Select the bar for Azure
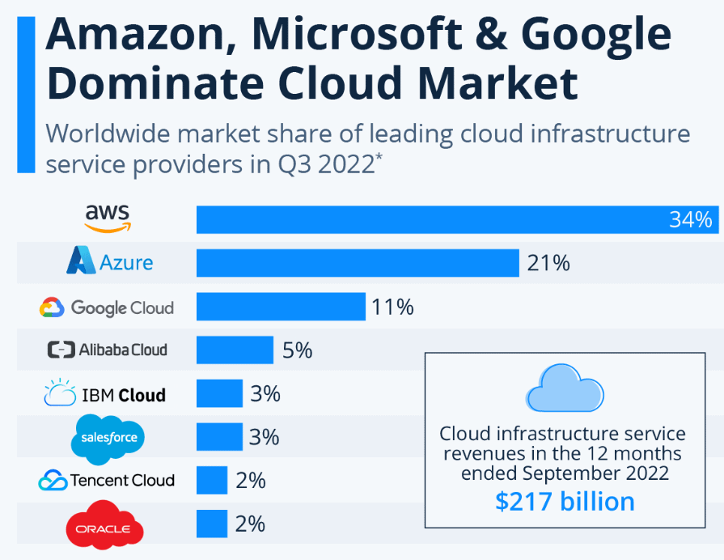[357, 263]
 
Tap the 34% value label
[690, 219]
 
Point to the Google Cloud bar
[280, 307]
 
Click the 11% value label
[392, 307]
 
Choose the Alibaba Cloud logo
[108, 350]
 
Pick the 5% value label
[297, 350]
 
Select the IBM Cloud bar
[219, 394]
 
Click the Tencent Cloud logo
[106, 481]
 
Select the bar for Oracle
[211, 524]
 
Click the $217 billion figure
[565, 502]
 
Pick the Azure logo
[110, 262]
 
